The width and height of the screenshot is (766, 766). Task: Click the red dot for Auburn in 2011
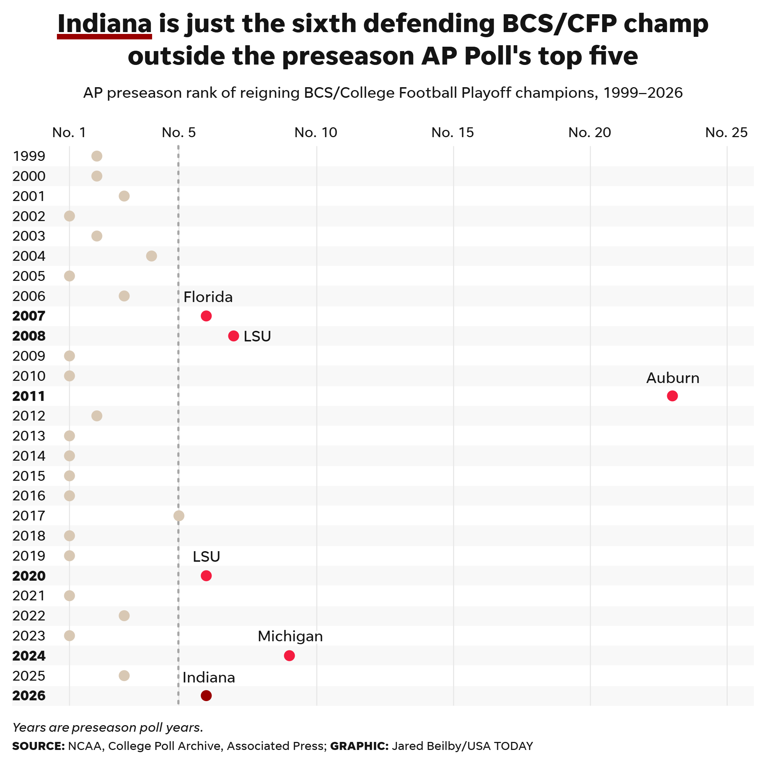(672, 396)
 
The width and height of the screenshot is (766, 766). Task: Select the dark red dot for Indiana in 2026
(206, 696)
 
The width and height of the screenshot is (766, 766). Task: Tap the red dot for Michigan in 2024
(289, 655)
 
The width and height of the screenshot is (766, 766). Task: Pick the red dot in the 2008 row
(233, 336)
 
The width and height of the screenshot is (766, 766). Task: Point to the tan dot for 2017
(179, 515)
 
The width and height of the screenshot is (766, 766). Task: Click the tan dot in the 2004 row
(151, 256)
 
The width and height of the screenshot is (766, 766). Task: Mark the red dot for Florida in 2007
(206, 316)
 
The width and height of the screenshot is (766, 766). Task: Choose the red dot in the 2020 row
(206, 575)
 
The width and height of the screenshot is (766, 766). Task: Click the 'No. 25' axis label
(726, 132)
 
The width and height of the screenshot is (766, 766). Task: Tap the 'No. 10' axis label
(316, 132)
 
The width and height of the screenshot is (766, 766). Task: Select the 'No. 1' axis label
(69, 132)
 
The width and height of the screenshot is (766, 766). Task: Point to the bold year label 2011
(28, 396)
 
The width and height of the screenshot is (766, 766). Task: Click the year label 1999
(29, 156)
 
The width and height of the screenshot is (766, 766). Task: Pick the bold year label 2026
(29, 696)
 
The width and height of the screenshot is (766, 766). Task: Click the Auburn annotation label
(673, 378)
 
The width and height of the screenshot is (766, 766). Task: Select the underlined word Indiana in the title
(105, 24)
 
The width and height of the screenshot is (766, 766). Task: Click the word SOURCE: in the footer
(38, 746)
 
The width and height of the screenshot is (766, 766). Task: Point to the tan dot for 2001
(124, 196)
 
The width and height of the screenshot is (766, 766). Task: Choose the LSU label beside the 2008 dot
(257, 336)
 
